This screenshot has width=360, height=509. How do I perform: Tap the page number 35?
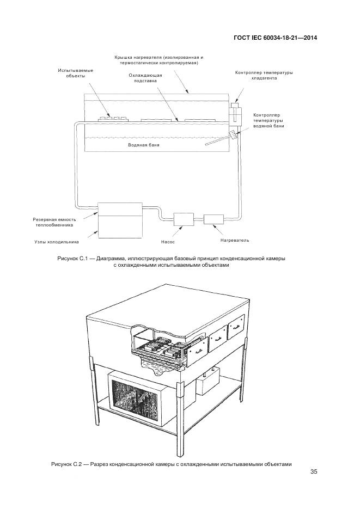tap(314, 471)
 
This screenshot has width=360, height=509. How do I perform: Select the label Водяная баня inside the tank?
tap(144, 145)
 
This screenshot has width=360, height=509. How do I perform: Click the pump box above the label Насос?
tap(183, 219)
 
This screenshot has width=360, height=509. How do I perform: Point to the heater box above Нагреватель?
tap(213, 219)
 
